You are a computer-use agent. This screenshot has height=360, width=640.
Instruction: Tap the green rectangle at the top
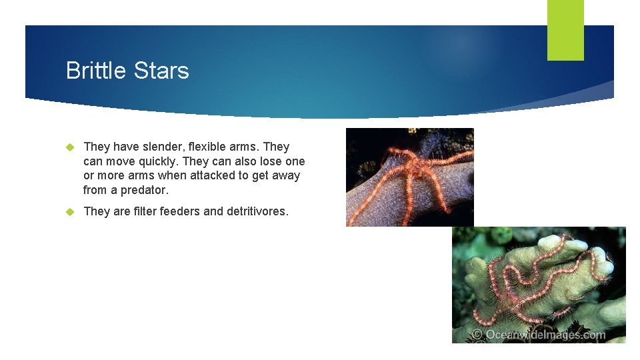click(565, 30)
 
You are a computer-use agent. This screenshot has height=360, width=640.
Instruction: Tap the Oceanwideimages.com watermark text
click(545, 335)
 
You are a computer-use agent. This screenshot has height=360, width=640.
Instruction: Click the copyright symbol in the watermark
click(477, 335)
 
